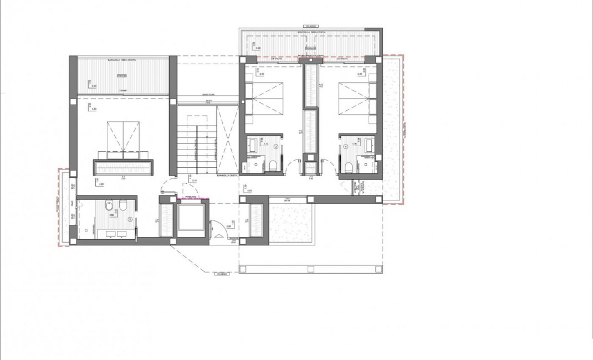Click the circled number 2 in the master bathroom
click(x=130, y=219)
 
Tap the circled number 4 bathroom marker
click(x=346, y=147)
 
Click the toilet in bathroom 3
click(x=272, y=165)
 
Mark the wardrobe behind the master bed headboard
click(x=124, y=167)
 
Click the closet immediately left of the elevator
click(x=166, y=220)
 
